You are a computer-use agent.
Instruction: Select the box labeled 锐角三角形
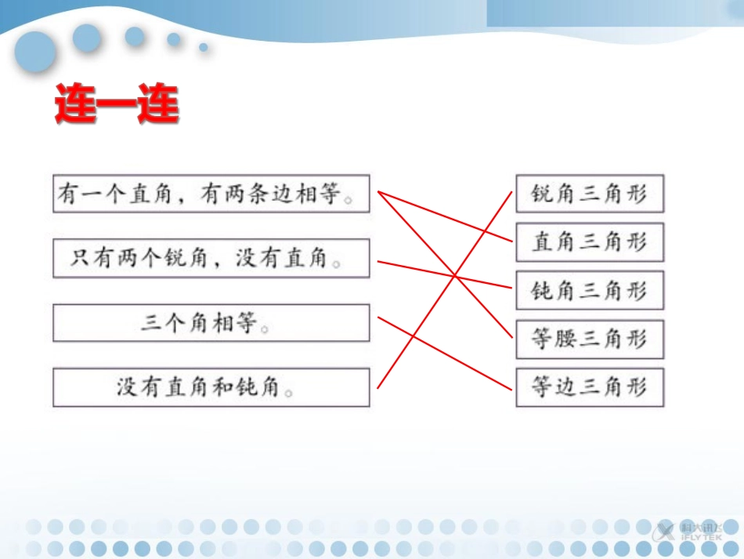(x=589, y=194)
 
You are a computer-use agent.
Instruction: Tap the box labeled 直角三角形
(x=589, y=241)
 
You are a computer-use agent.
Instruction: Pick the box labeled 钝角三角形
(x=589, y=291)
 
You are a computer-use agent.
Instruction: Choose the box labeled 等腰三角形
(x=589, y=339)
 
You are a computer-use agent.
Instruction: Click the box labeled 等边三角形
(x=589, y=387)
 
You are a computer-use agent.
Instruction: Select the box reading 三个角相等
(x=211, y=323)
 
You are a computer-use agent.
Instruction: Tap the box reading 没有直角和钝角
(x=211, y=387)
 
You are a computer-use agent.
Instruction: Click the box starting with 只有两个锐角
(x=211, y=259)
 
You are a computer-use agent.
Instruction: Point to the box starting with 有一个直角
(x=211, y=194)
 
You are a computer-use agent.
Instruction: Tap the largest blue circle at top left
(x=34, y=53)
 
